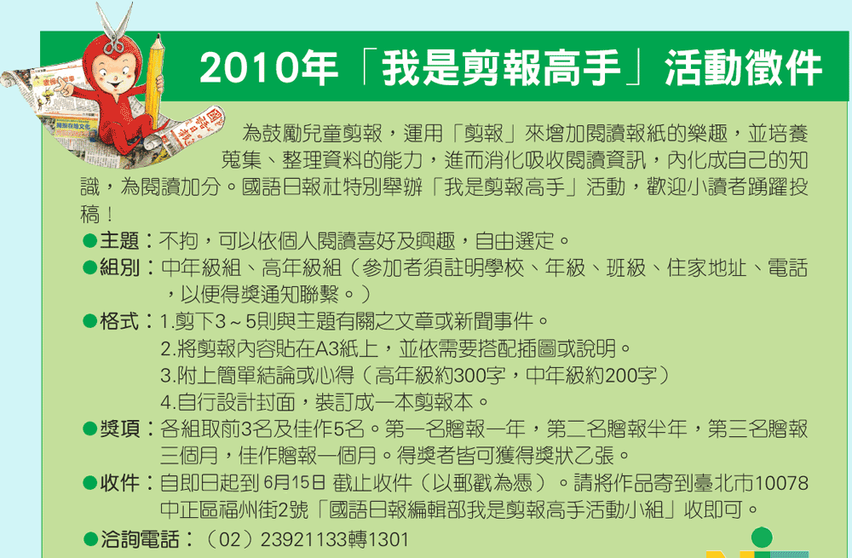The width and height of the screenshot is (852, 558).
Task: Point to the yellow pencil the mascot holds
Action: (x=154, y=81)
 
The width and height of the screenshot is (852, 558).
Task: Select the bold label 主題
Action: (x=119, y=241)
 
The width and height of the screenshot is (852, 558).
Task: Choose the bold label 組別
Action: (x=119, y=267)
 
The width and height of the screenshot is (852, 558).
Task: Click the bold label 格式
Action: (x=119, y=321)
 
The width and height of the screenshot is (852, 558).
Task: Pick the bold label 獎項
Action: (x=119, y=429)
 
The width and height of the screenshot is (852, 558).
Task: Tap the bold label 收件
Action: (x=119, y=482)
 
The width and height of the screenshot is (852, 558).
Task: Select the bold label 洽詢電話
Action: (x=140, y=539)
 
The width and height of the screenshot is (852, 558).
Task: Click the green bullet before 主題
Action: (x=89, y=241)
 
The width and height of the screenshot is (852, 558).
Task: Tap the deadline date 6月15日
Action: (x=295, y=482)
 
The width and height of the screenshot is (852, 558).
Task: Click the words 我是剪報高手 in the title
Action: (x=501, y=68)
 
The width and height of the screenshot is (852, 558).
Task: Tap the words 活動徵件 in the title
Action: (x=744, y=68)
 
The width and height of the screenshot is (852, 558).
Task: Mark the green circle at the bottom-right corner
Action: (x=762, y=538)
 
